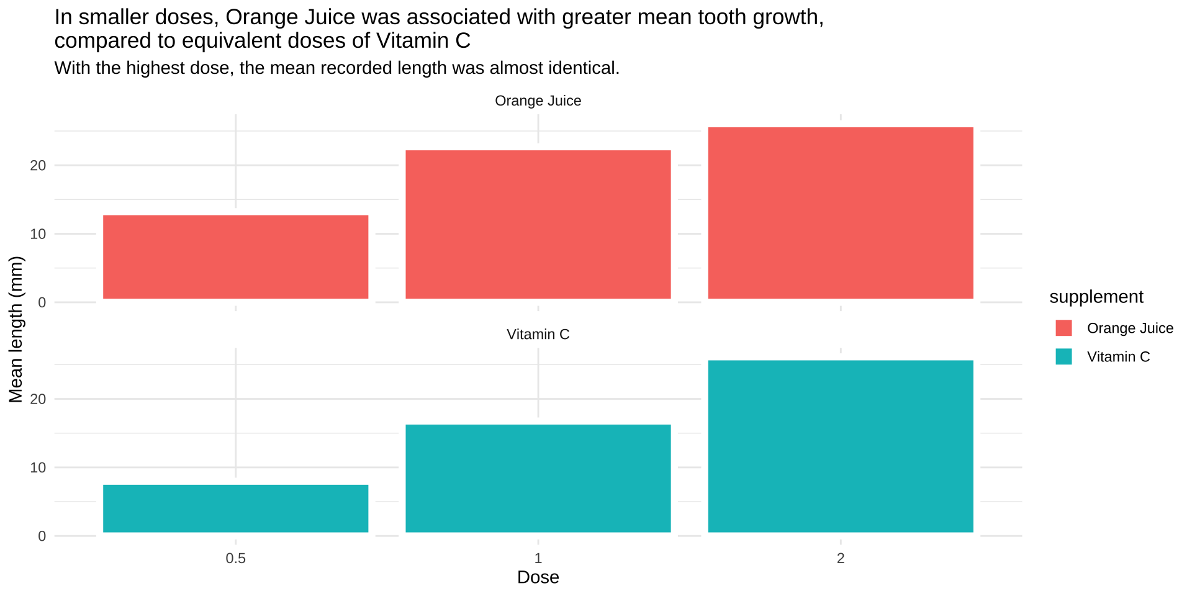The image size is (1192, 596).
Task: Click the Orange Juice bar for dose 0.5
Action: point(235,257)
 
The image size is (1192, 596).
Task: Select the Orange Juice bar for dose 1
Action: point(538,224)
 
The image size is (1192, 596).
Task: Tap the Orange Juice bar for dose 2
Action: point(840,213)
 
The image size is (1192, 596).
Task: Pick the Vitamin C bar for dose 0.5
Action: point(235,508)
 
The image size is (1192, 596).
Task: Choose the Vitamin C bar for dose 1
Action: point(538,478)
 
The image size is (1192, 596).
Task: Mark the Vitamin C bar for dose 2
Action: point(840,446)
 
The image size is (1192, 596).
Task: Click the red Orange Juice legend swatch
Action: point(1063,328)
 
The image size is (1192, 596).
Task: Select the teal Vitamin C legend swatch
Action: point(1063,356)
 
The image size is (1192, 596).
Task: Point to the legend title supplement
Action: point(1096,297)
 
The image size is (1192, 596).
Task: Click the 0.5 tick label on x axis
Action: point(235,558)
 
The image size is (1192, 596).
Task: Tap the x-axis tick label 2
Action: point(840,558)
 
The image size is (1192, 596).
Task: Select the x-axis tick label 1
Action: point(538,558)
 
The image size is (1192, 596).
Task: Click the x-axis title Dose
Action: point(538,577)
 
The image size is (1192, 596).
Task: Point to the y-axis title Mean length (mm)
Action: point(16,329)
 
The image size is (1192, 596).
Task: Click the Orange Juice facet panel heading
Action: point(538,101)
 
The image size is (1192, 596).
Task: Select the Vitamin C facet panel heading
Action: point(538,334)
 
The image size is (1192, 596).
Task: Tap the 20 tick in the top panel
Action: point(38,165)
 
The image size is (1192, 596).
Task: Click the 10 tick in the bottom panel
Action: point(38,467)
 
